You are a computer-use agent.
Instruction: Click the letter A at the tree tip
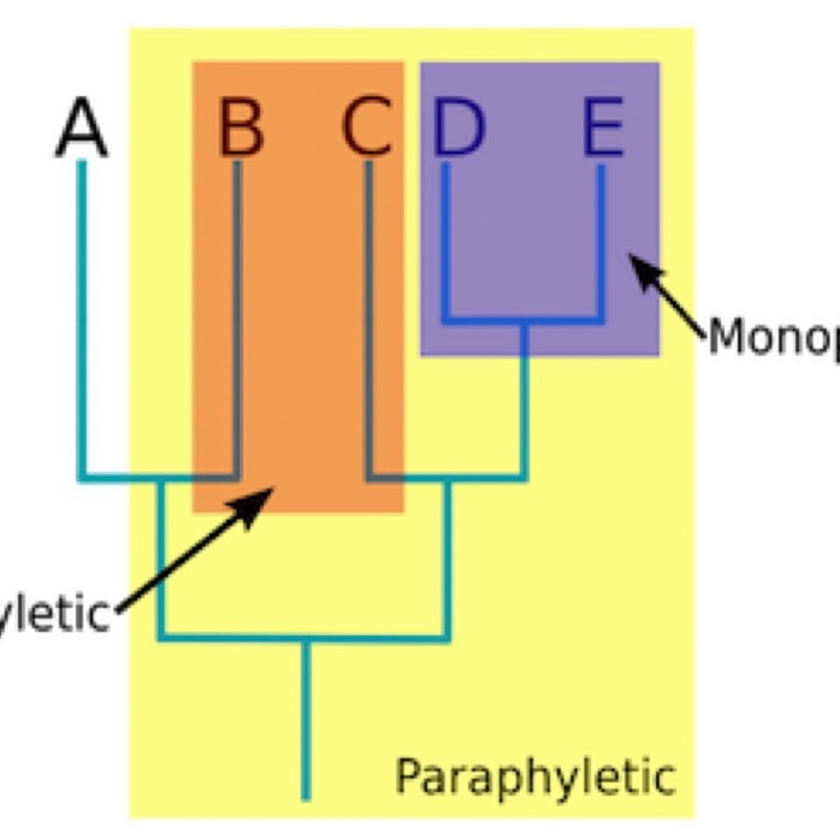tap(82, 128)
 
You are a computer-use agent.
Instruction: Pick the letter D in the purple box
tap(459, 128)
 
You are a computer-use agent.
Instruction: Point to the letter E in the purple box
tap(603, 128)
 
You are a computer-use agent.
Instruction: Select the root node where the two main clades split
tap(306, 639)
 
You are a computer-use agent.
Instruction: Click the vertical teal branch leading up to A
tap(82, 315)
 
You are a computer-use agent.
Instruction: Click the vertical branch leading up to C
tap(369, 315)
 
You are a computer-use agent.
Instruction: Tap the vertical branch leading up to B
tap(237, 315)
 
